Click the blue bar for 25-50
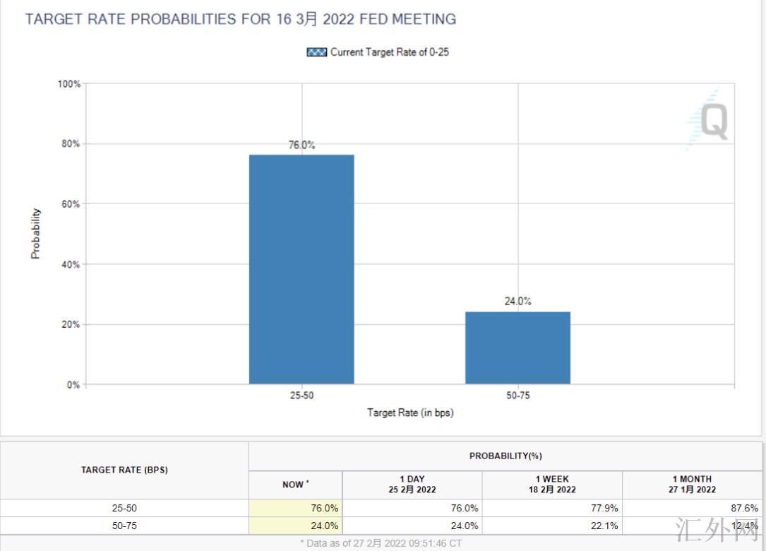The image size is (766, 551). coord(301,269)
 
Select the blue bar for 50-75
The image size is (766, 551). coord(517,348)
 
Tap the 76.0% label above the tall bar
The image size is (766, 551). coord(301,145)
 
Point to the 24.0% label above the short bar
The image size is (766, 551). coord(517,302)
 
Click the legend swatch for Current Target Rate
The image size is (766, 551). coord(316,52)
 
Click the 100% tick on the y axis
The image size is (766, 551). coord(69,84)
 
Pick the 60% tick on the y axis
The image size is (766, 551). coord(71,204)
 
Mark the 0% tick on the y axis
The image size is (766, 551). coord(73,385)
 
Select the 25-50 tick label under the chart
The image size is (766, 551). coord(301,396)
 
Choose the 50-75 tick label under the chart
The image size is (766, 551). coord(517,396)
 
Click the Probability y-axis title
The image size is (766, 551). coord(36,234)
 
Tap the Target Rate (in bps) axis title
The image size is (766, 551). coord(410,413)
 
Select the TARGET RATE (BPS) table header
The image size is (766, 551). coord(124,470)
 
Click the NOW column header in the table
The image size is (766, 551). coord(295,485)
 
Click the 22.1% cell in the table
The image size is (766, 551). coord(604,526)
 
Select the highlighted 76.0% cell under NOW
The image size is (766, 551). coord(324,508)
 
